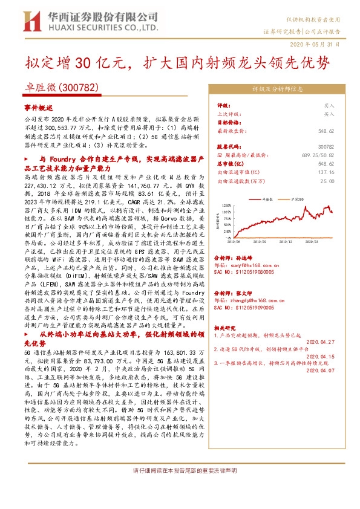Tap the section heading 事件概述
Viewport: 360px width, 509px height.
point(39,106)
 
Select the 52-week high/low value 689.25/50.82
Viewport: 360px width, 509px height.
point(318,155)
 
